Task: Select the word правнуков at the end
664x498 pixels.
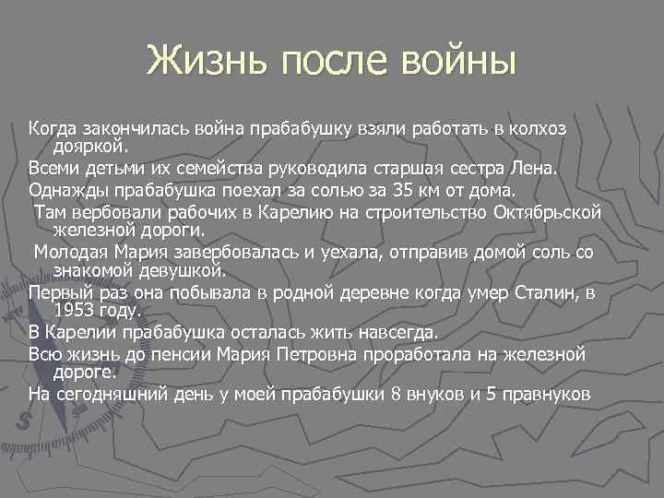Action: point(542,395)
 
